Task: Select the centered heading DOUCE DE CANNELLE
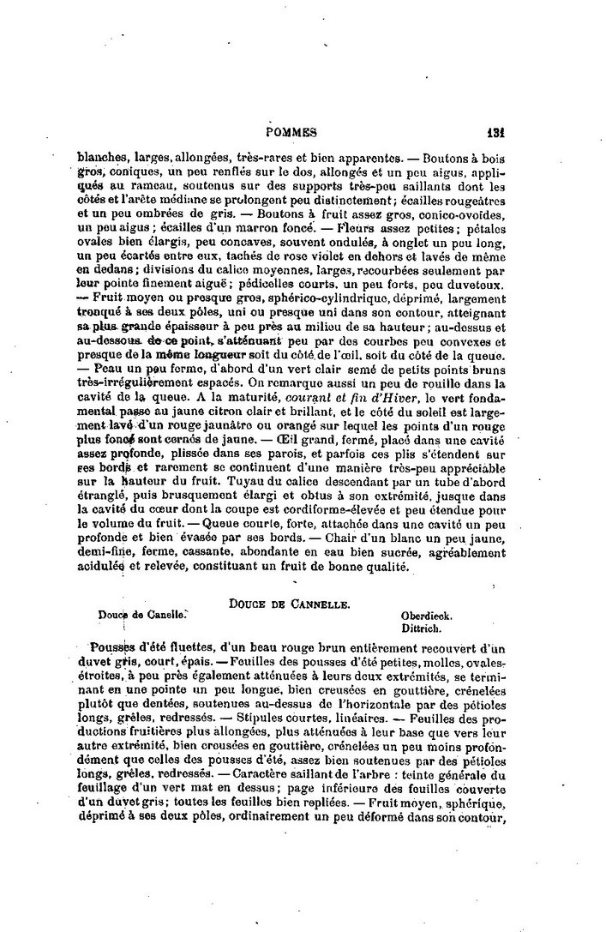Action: [287, 604]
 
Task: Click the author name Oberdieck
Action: [427, 616]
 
